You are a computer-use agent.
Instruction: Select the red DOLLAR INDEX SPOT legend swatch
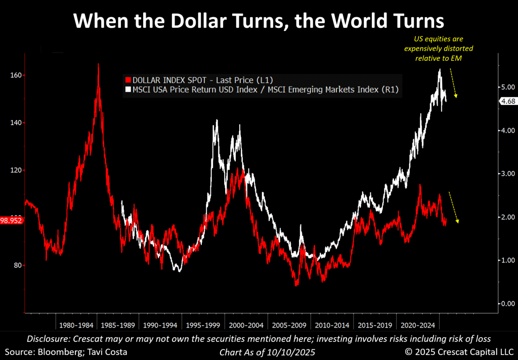[127, 80]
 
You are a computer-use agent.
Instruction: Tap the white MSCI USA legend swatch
[127, 90]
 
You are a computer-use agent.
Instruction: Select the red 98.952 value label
[11, 220]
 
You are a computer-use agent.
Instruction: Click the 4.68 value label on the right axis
[506, 102]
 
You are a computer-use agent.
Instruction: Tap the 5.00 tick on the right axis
[507, 87]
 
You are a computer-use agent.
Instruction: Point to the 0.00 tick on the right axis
[507, 304]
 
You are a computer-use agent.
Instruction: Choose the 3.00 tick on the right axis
[507, 174]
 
